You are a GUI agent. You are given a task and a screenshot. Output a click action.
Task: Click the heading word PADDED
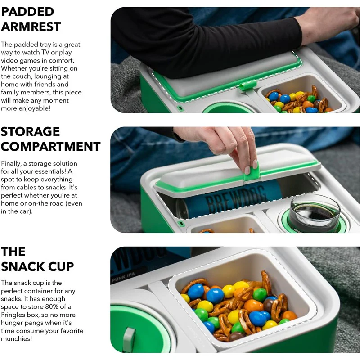coord(27,12)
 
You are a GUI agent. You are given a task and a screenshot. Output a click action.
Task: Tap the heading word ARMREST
coord(31,27)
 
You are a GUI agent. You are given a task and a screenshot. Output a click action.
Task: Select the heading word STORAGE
coord(30,132)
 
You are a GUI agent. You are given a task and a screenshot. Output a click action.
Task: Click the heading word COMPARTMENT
coord(51,147)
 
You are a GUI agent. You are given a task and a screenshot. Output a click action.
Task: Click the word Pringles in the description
coord(13,315)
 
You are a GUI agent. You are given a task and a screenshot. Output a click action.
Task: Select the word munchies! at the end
coord(17,339)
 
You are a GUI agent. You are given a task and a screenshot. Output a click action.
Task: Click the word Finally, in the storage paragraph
coord(11,164)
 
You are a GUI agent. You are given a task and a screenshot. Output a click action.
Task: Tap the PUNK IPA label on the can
coord(123,278)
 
